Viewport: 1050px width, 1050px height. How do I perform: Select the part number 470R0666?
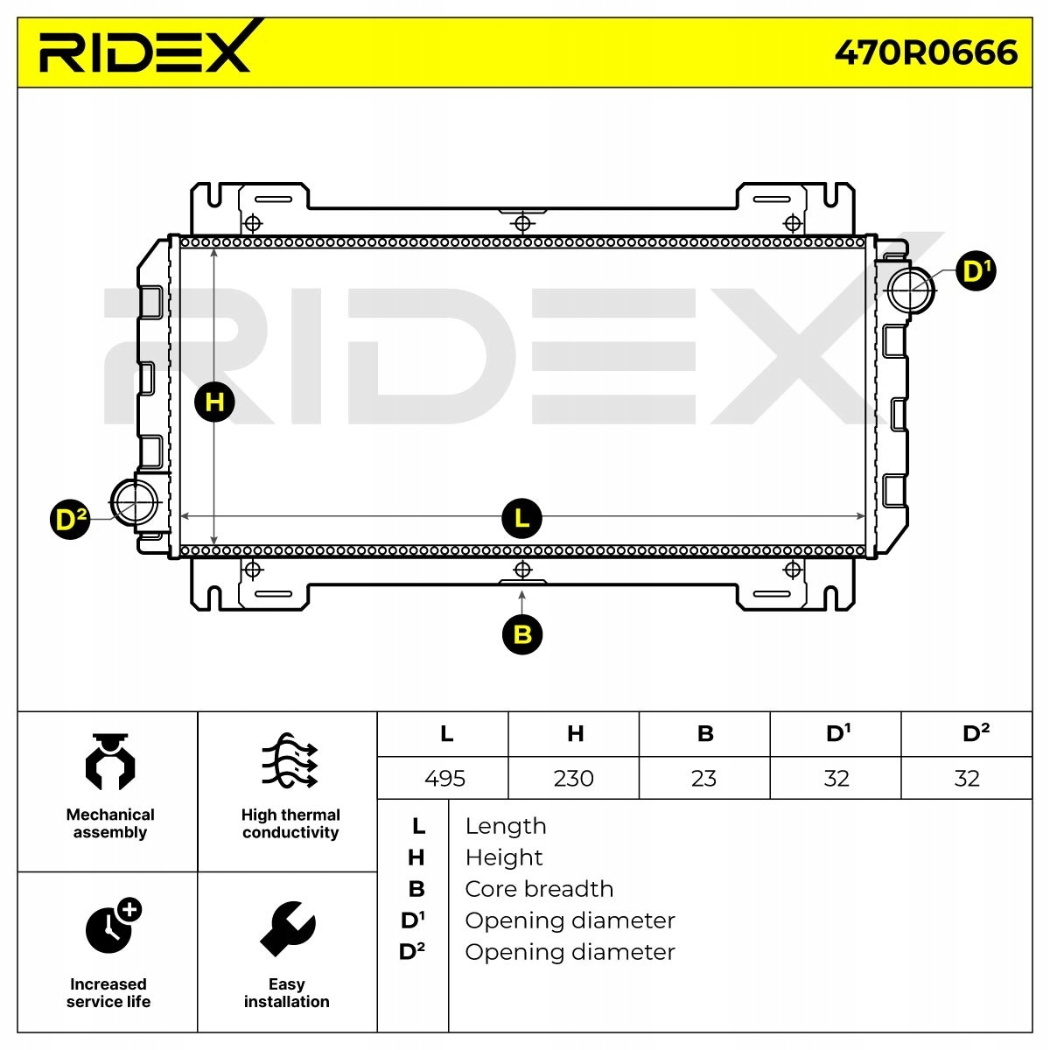pos(926,52)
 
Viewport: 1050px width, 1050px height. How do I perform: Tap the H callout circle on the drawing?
pos(214,402)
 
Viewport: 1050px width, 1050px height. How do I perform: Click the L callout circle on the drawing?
pos(522,518)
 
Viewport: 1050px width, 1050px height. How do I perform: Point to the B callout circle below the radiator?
pos(522,633)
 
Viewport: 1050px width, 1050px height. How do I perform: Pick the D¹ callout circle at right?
pos(976,271)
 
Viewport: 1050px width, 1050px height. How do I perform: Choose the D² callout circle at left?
pos(70,520)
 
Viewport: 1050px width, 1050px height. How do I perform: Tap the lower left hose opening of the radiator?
pos(135,500)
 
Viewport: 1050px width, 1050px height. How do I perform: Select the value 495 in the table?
pos(444,778)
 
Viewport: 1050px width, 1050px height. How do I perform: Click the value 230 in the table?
pos(573,778)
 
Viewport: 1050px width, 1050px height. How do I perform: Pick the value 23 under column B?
pos(703,778)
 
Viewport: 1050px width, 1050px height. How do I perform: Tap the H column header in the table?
pos(575,733)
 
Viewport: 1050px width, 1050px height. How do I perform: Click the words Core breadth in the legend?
pos(539,889)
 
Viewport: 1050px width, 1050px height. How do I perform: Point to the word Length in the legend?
pos(506,826)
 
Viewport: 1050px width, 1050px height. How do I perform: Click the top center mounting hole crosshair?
pos(522,222)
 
